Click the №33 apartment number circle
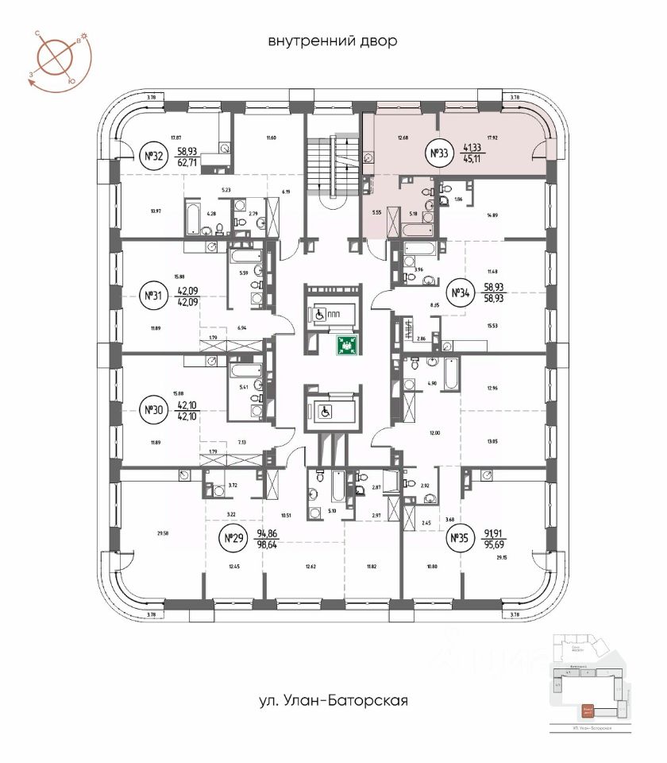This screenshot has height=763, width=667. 439,154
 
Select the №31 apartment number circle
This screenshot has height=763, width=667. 152,296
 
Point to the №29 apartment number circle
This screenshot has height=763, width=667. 233,539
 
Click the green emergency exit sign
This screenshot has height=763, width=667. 346,344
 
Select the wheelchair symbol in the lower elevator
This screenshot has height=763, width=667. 324,411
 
